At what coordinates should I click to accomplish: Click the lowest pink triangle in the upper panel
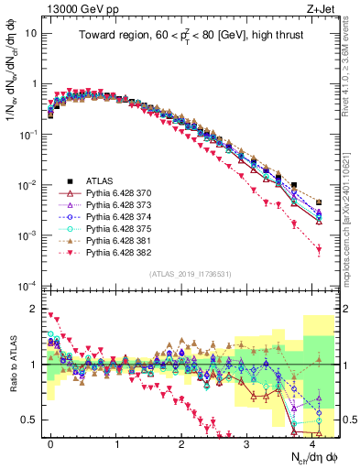[319, 249]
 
